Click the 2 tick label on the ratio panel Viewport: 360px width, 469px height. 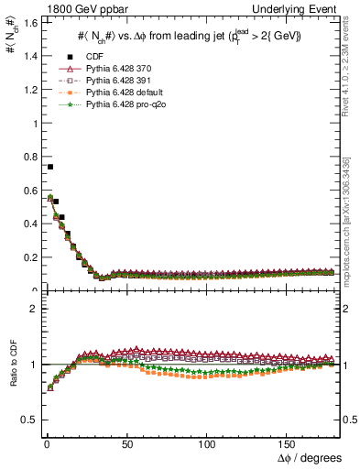point(32,309)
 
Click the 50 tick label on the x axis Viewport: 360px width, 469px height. point(126,442)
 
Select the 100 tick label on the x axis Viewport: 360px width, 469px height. point(207,442)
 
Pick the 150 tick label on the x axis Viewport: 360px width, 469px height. point(288,442)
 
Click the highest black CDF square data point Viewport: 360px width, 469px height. point(50,167)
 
